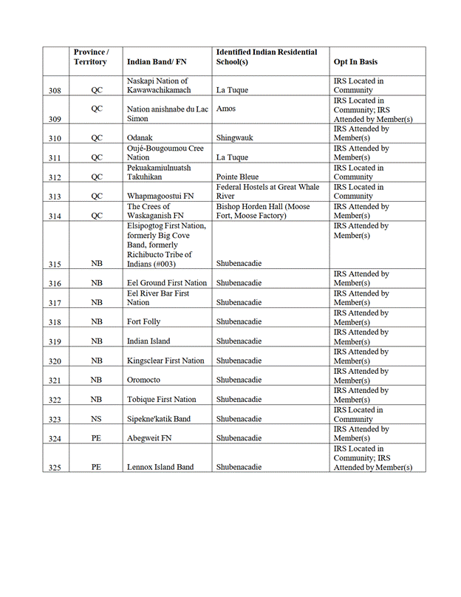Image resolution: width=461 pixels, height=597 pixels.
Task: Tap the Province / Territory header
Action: (x=91, y=57)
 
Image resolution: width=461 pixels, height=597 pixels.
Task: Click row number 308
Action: (x=55, y=91)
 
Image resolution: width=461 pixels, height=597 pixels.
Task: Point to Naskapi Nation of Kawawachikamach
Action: (x=159, y=86)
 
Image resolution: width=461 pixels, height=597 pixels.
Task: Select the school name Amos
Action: (x=226, y=109)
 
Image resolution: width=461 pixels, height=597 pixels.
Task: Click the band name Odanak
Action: (x=140, y=138)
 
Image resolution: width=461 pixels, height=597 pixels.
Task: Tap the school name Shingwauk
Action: (x=236, y=138)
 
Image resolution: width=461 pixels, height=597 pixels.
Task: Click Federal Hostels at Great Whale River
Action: (x=267, y=191)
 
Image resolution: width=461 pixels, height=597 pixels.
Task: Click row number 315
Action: (x=55, y=265)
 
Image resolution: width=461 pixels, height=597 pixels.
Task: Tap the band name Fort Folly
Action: (x=143, y=322)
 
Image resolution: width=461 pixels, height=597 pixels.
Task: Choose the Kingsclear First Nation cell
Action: (x=165, y=361)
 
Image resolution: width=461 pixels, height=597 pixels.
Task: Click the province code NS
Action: (x=96, y=419)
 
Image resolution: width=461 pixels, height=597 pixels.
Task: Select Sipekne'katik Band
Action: (x=158, y=419)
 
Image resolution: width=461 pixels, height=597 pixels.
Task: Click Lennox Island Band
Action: (x=160, y=467)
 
